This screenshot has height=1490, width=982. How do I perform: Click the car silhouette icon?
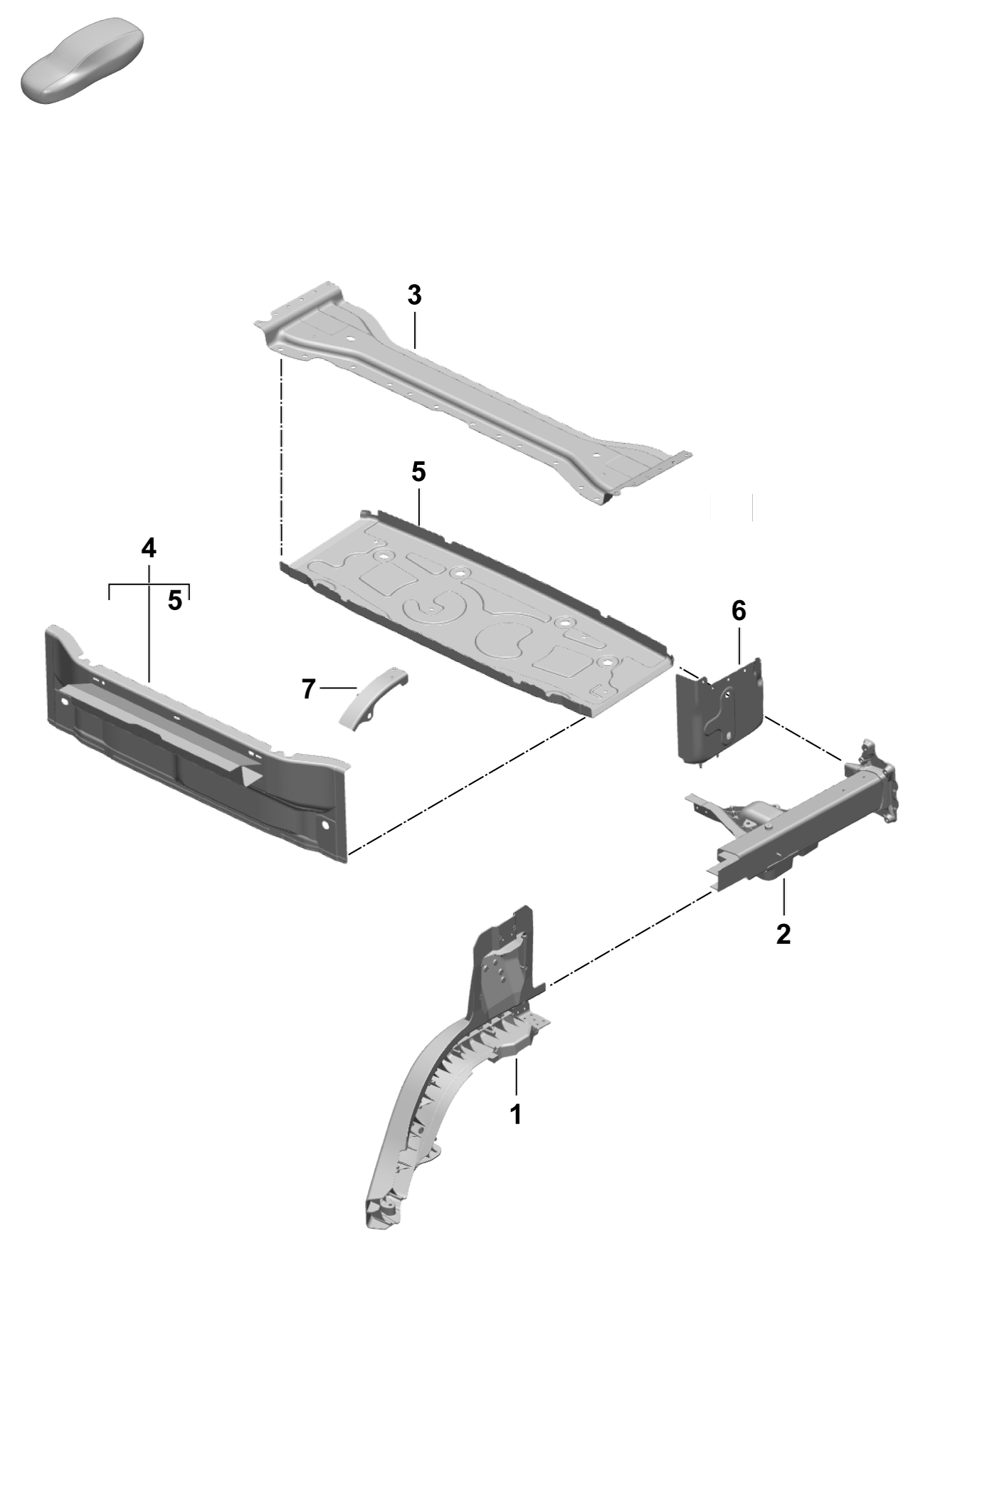(x=82, y=61)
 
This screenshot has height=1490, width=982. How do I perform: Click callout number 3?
(x=414, y=295)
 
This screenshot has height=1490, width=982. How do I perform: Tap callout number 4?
(x=149, y=548)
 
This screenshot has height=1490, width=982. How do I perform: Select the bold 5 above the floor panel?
(x=418, y=471)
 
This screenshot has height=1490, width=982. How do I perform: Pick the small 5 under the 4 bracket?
(x=175, y=601)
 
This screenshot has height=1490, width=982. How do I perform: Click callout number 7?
(x=308, y=689)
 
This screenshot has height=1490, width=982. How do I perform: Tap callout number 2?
(x=783, y=934)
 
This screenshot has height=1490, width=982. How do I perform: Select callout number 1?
(x=517, y=1114)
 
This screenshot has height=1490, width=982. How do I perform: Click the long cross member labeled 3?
(x=470, y=399)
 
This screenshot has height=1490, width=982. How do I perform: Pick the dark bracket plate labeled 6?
(x=719, y=712)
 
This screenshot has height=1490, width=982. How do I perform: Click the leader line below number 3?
(x=414, y=328)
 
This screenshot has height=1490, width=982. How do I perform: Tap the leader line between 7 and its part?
(x=339, y=688)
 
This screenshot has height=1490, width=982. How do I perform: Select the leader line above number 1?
(x=517, y=1077)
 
